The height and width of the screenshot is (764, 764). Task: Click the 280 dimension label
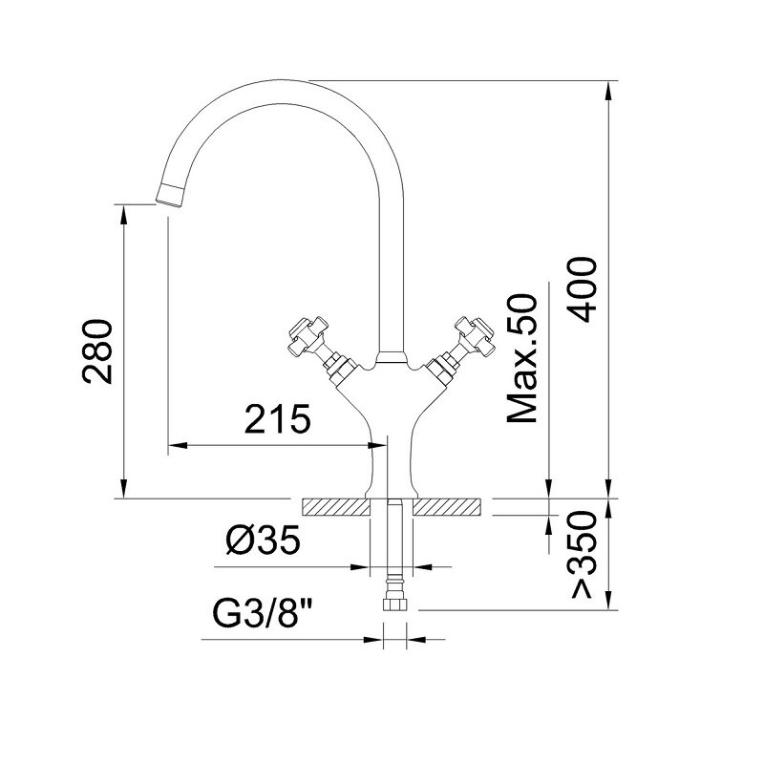(97, 351)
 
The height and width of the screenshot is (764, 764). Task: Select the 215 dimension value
(277, 419)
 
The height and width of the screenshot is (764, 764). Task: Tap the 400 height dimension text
(584, 289)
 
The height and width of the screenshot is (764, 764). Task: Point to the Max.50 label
(522, 358)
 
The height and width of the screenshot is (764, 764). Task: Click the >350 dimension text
(584, 555)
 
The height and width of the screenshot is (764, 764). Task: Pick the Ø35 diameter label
(263, 541)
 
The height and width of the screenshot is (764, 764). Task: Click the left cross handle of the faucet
(308, 334)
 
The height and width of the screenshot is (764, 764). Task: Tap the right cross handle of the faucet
(475, 334)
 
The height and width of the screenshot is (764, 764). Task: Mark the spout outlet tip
(169, 200)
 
